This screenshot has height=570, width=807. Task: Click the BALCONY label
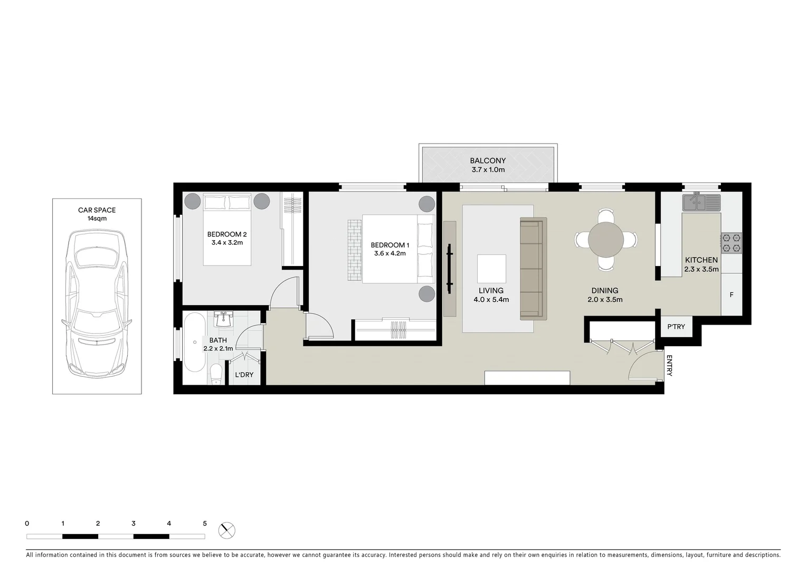coord(488,160)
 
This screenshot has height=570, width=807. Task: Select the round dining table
coord(606,239)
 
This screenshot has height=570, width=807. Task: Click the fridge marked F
coord(732,295)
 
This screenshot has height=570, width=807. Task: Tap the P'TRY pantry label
coord(676,327)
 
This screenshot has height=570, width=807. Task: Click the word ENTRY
coord(669,365)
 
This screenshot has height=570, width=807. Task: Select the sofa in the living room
coord(533,269)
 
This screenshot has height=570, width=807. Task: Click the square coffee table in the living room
coord(491,269)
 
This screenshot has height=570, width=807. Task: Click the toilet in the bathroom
coord(216,374)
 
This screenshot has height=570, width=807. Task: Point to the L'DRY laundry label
coord(244,375)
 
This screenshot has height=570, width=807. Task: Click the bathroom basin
coord(224,319)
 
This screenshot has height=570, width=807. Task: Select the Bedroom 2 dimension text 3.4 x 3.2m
coord(226,243)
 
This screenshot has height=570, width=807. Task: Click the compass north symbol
coord(227,530)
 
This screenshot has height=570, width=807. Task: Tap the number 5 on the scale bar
coord(205,524)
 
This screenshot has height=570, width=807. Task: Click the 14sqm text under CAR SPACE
coord(97,218)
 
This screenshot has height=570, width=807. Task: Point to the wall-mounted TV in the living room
coord(450,269)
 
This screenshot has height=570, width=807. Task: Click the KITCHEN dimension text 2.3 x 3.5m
coord(701,269)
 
